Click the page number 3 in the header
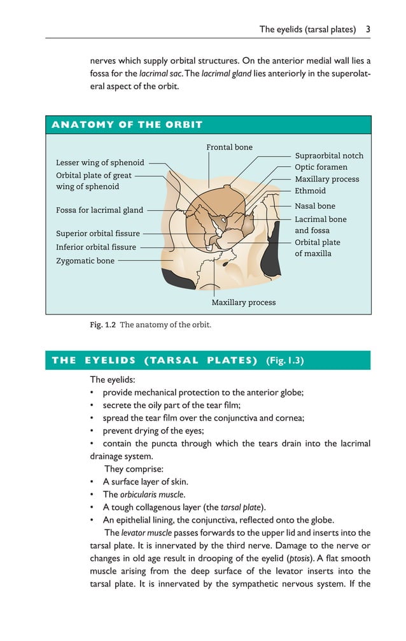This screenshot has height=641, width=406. tap(368, 29)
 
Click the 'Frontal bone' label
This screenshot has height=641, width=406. tap(229, 147)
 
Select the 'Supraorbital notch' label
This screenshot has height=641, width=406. tap(329, 156)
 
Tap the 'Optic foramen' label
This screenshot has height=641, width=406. tap(321, 167)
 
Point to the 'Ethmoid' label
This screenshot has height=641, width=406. tap(310, 190)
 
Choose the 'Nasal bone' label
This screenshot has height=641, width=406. tap(314, 206)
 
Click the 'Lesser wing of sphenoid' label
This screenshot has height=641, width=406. tap(100, 162)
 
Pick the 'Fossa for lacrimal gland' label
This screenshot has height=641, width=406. tap(99, 210)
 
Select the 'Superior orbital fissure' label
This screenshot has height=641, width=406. tap(97, 234)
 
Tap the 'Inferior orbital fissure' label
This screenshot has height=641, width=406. tap(95, 247)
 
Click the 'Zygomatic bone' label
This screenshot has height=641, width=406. tap(85, 260)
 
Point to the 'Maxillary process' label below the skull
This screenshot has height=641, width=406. tap(243, 302)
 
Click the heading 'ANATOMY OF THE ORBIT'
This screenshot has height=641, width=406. tap(127, 125)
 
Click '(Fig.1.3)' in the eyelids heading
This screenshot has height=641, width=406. tap(284, 360)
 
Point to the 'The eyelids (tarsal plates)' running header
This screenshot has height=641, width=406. tap(307, 29)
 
